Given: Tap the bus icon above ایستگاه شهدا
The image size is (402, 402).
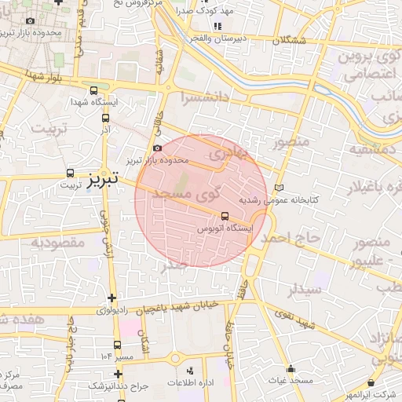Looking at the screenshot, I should (95, 90).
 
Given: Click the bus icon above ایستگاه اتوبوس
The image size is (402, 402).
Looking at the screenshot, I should (225, 215).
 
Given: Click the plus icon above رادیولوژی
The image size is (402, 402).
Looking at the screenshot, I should (115, 298).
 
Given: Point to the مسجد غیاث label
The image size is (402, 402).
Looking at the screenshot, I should (290, 380).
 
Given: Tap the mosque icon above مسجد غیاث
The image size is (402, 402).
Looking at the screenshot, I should (291, 369).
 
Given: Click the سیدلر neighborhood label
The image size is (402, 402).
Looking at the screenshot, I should (303, 289).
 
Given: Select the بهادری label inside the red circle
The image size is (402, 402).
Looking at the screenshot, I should (237, 152).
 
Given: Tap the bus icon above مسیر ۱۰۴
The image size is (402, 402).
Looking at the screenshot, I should (117, 345).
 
